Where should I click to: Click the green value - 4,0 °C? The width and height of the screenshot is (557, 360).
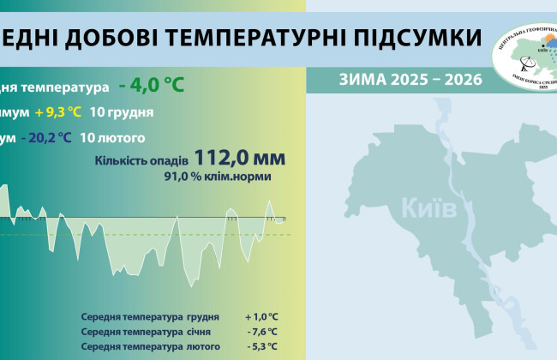tap(152, 86)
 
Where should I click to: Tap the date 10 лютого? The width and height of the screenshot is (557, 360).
tap(112, 137)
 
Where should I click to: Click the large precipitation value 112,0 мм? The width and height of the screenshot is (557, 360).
tap(239, 158)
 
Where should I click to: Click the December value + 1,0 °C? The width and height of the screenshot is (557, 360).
tap(261, 316)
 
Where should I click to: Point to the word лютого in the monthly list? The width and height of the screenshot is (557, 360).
tap(202, 346)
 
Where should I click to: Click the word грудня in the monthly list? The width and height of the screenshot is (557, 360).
tap(201, 316)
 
